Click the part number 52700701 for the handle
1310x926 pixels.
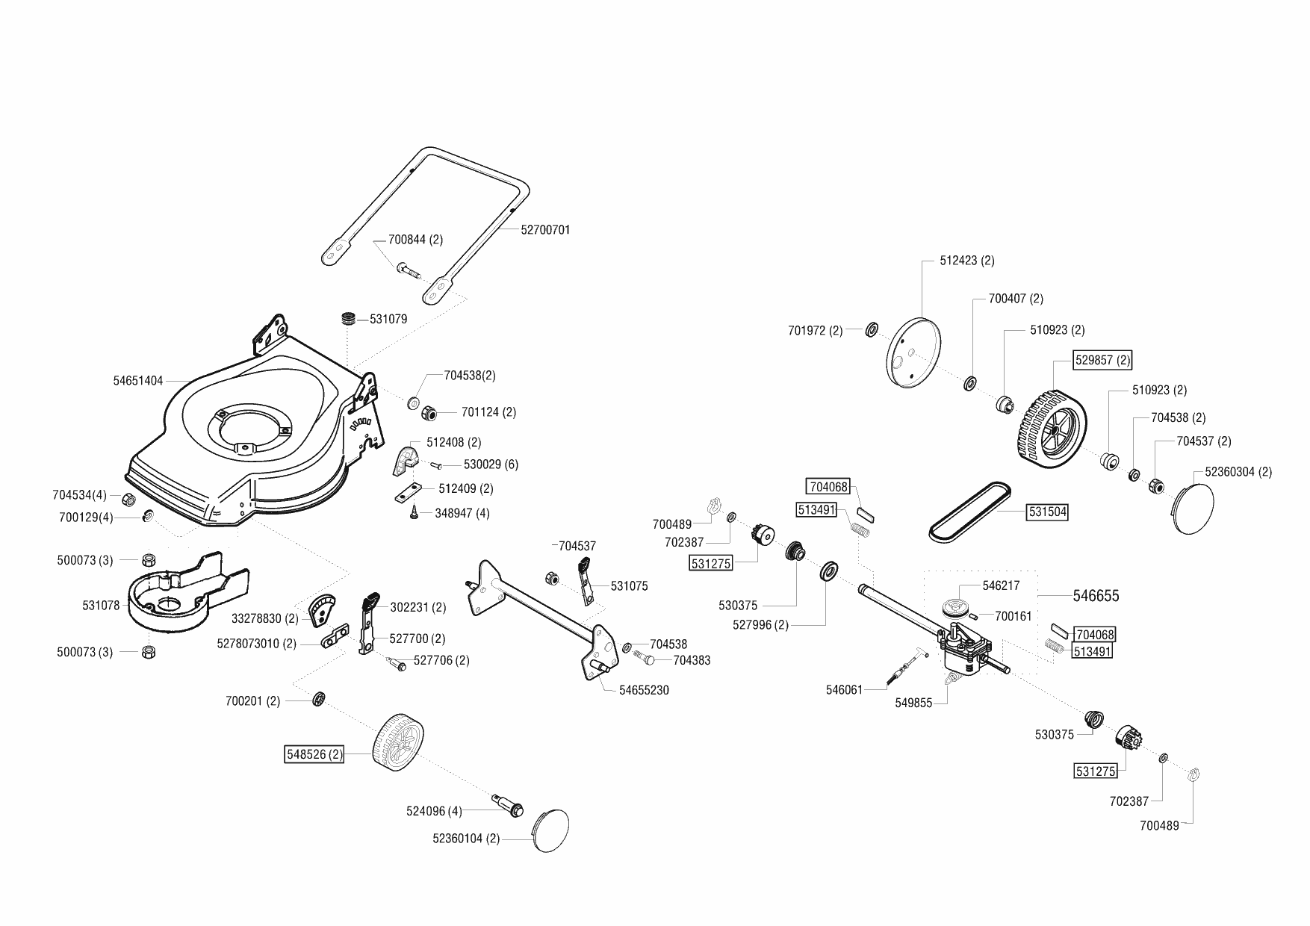click(x=545, y=230)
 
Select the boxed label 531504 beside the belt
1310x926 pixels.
click(x=1047, y=512)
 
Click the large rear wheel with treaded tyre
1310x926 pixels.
click(x=1048, y=427)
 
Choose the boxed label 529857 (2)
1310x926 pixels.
click(x=1102, y=360)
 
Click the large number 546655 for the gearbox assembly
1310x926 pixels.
click(x=1096, y=596)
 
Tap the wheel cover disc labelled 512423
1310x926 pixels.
click(x=913, y=354)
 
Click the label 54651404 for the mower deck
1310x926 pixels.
click(x=138, y=381)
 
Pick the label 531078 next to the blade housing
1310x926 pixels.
click(x=101, y=606)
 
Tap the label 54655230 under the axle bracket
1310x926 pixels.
click(x=644, y=690)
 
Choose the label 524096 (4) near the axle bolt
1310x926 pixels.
click(x=434, y=811)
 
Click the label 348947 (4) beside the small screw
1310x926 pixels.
click(x=462, y=514)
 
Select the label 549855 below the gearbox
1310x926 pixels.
click(x=913, y=703)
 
